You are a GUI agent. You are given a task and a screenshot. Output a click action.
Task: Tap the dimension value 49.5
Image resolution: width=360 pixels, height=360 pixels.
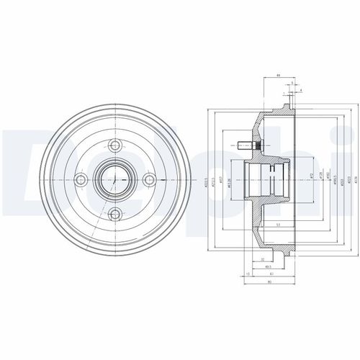266,267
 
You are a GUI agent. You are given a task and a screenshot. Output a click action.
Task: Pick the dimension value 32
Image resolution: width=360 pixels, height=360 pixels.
263,259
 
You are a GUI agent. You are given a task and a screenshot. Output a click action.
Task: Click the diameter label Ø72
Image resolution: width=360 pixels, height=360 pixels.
310,175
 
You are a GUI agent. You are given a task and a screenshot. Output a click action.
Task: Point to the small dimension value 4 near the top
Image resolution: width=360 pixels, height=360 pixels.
300,90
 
